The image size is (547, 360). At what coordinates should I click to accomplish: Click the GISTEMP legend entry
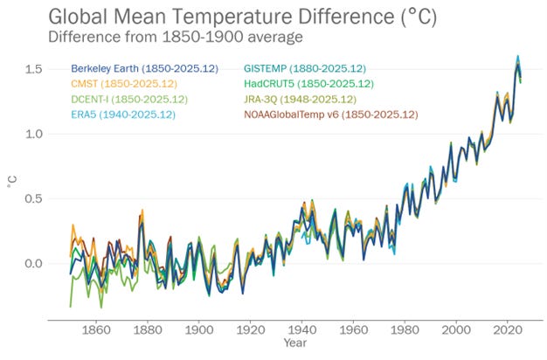(304, 68)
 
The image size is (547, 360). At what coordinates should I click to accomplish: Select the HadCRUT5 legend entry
(308, 84)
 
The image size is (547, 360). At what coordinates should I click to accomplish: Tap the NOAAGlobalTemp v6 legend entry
(331, 114)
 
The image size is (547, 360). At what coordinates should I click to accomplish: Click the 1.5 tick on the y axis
(34, 69)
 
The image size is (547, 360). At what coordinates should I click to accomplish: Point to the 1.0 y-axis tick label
(34, 134)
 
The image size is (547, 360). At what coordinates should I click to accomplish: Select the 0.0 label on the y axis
(34, 264)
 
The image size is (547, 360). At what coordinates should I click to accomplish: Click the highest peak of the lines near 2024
(518, 57)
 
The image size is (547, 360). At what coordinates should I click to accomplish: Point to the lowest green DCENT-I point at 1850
(71, 307)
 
